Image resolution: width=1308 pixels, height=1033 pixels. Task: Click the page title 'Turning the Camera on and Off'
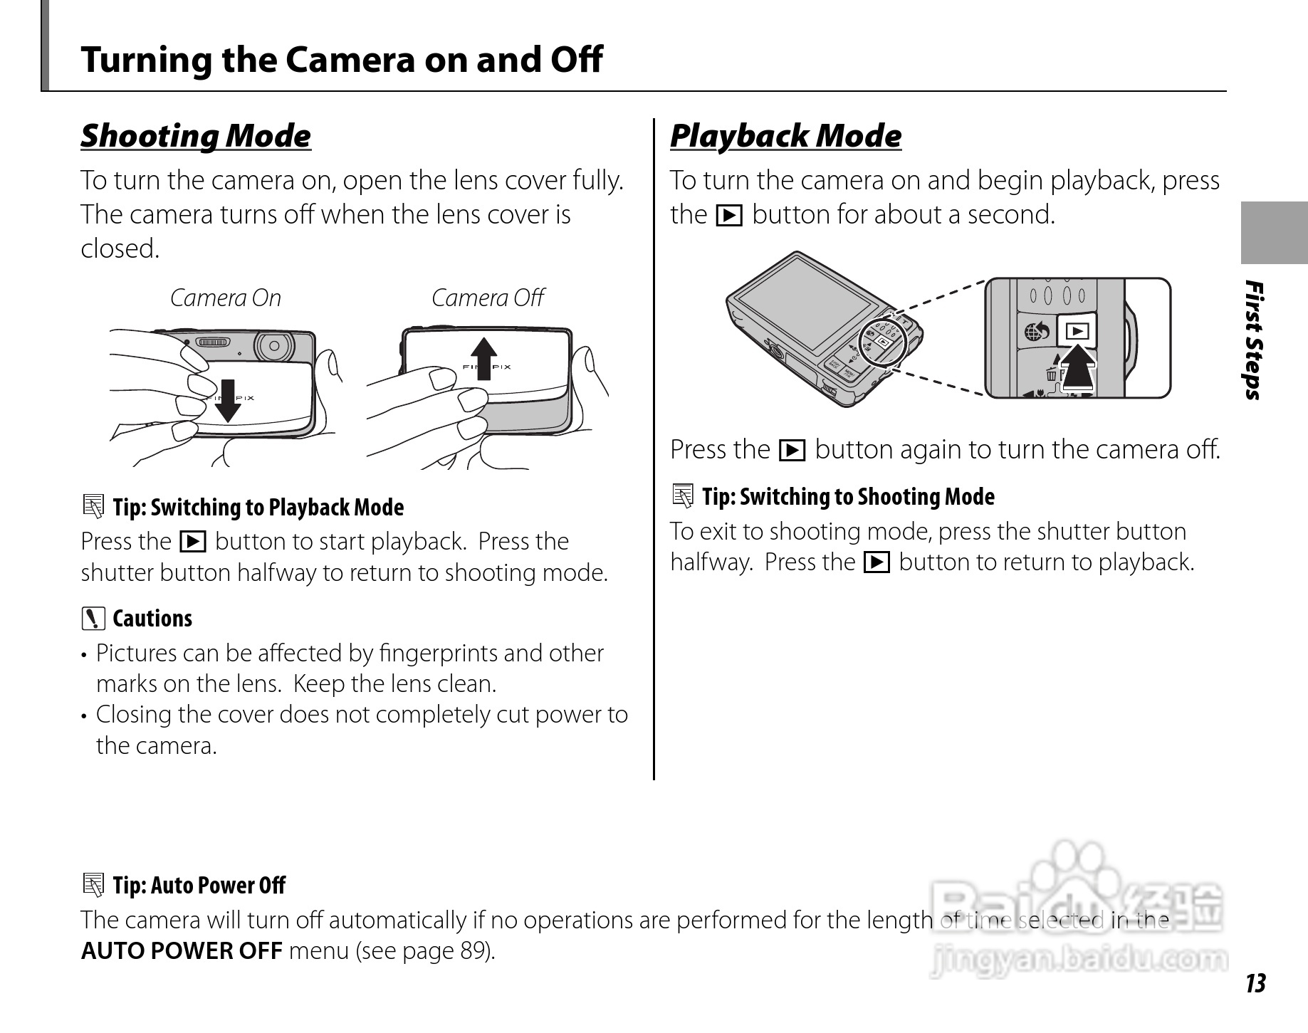[341, 59]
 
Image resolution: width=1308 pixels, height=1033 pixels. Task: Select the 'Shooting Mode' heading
[196, 136]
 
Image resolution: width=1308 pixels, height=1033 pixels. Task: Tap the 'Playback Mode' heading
[785, 136]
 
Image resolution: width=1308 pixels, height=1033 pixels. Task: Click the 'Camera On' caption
[226, 298]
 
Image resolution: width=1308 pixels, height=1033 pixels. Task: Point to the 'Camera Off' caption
[488, 298]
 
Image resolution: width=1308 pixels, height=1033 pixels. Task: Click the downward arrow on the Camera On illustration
[228, 400]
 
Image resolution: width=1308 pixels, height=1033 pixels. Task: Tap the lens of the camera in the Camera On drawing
[273, 347]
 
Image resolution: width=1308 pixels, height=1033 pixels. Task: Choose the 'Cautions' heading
[152, 619]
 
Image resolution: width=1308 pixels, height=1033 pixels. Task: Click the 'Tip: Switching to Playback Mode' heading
[258, 508]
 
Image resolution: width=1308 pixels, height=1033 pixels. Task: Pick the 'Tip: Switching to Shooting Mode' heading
[848, 497]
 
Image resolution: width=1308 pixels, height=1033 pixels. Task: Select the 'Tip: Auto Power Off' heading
[199, 886]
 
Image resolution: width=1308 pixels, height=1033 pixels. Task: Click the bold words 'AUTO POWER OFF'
[182, 951]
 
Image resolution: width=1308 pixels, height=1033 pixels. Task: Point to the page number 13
[1255, 983]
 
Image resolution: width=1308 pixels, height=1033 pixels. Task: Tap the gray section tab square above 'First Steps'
[1274, 233]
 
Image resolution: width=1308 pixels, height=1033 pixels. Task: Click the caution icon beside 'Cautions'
[93, 619]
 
